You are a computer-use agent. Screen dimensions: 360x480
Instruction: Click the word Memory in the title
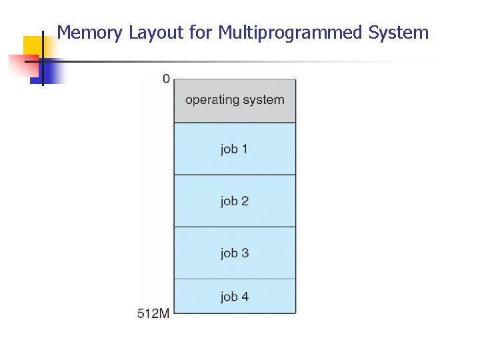click(90, 32)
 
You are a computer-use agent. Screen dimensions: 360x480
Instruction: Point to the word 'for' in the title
click(200, 32)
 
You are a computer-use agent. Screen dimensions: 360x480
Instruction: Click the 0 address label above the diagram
click(165, 79)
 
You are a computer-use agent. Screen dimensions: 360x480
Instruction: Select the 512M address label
click(153, 313)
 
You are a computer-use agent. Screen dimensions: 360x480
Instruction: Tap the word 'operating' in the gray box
click(212, 100)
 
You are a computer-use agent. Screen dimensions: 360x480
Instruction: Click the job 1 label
click(234, 149)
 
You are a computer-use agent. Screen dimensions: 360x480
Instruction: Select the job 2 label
click(234, 201)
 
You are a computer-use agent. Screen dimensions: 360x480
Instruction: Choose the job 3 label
click(234, 253)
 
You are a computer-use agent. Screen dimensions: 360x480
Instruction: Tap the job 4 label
click(234, 296)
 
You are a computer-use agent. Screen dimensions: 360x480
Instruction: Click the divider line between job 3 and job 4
click(235, 279)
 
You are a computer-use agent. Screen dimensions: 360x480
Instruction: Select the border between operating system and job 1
click(235, 123)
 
